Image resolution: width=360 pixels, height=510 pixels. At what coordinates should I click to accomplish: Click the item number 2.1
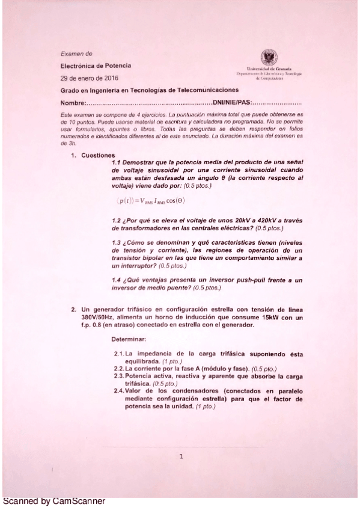point(119,354)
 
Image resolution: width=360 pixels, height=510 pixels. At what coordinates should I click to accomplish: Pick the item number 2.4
point(119,390)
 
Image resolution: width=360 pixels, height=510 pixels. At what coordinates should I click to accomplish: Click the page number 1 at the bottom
point(181,457)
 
